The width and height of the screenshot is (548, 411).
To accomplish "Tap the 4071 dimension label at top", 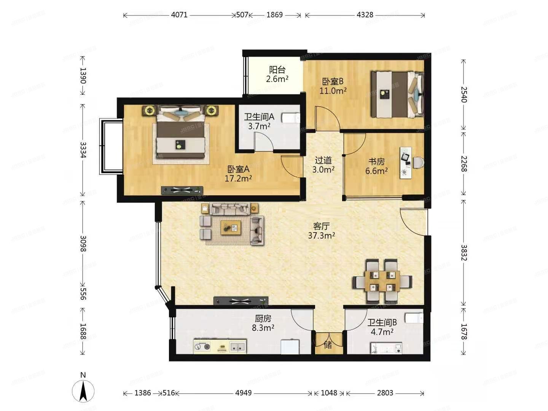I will pos(179,15).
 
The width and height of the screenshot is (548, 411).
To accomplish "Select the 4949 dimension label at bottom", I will pos(243,393).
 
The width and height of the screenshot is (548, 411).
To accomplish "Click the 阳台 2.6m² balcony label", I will pos(277,75).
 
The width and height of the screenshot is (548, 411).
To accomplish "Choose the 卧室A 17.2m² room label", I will pos(238,174).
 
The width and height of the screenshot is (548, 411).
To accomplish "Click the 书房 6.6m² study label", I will pos(376,166).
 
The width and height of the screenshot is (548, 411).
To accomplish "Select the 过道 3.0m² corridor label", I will pos(323,165).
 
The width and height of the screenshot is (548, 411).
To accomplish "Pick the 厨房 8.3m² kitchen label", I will pos(263,323).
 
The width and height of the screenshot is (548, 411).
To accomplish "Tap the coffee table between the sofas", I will pos(231,228).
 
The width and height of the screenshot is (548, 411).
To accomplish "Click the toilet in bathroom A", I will pos(291,118).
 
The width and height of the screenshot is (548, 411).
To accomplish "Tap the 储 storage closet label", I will pos(328,345).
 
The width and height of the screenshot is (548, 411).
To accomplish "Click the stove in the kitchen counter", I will pos(202,347).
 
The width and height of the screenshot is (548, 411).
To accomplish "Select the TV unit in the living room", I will pos(241,301).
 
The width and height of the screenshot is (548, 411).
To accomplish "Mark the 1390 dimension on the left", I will pos(83,76).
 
